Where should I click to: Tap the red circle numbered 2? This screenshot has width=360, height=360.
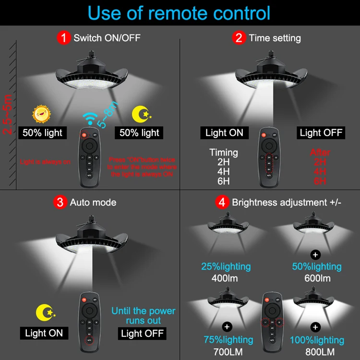[239, 37]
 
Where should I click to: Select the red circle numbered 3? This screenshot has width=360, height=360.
[60, 202]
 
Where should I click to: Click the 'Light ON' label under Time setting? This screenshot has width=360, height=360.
[224, 132]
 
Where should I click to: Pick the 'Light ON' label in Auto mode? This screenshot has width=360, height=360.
[44, 333]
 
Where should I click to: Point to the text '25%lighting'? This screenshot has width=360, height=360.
[226, 266]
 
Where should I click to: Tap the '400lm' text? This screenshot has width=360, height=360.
[226, 278]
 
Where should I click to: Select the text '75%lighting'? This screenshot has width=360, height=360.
[228, 340]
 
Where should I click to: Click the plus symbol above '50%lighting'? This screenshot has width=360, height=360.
[315, 253]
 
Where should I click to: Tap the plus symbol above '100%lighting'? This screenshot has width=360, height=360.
[315, 327]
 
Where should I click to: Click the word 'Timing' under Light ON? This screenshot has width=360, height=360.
[224, 153]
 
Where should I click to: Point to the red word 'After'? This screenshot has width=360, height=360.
[320, 153]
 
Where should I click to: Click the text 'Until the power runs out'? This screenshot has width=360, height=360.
[143, 315]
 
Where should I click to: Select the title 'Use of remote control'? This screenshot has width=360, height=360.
[180, 13]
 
